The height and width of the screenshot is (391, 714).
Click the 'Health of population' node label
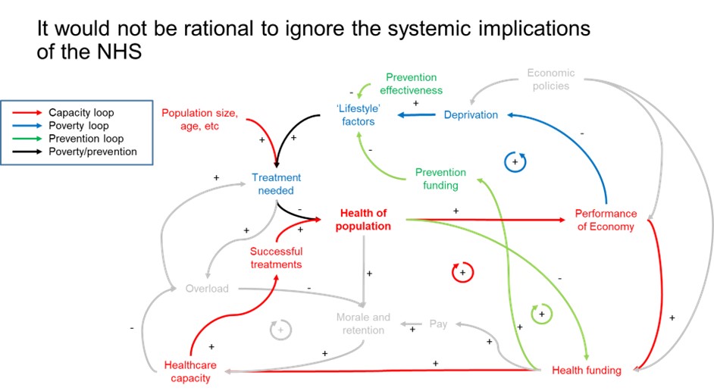[x=365, y=220]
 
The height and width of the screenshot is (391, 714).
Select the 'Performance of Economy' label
[x=605, y=220]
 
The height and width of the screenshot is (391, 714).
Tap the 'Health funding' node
[x=586, y=371]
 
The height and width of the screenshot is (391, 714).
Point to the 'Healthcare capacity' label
[x=190, y=371]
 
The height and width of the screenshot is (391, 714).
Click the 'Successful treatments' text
[x=276, y=258]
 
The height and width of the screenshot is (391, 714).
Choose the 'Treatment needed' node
[x=276, y=184]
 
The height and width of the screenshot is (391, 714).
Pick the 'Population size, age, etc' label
[x=200, y=120]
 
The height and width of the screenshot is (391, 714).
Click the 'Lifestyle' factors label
[x=358, y=114]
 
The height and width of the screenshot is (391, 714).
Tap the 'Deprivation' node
[x=471, y=115]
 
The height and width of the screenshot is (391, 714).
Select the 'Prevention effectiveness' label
[x=412, y=83]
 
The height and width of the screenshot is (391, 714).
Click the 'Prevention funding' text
[x=440, y=179]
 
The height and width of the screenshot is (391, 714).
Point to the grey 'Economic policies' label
[x=550, y=80]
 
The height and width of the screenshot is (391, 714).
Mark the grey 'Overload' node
[x=207, y=289]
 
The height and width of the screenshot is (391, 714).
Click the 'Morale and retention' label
[x=363, y=324]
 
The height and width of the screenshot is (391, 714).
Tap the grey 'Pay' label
[x=438, y=324]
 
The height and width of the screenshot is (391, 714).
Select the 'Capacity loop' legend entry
[x=80, y=112]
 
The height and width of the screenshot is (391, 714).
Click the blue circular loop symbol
[x=515, y=161]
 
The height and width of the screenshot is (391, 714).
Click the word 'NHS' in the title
[x=116, y=54]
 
